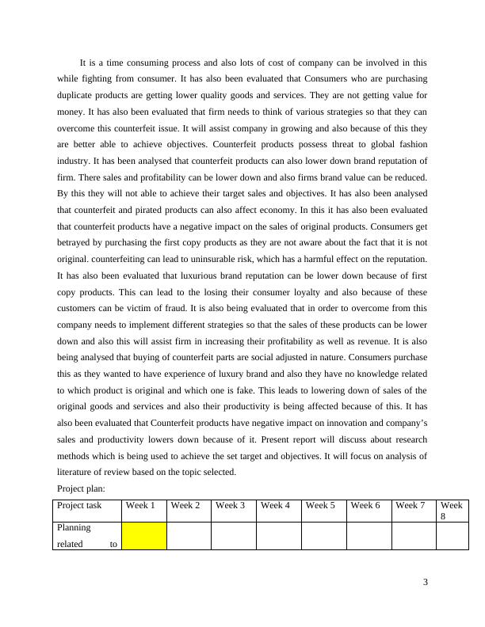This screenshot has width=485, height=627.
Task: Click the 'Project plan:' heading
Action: coord(82,488)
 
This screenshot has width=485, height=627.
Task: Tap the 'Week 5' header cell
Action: coord(322,505)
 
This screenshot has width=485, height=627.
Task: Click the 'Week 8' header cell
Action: coord(451,511)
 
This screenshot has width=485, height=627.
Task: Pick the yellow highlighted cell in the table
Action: coord(143,536)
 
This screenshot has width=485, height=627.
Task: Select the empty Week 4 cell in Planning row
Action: coord(278,536)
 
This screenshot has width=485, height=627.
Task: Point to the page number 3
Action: coord(426,583)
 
